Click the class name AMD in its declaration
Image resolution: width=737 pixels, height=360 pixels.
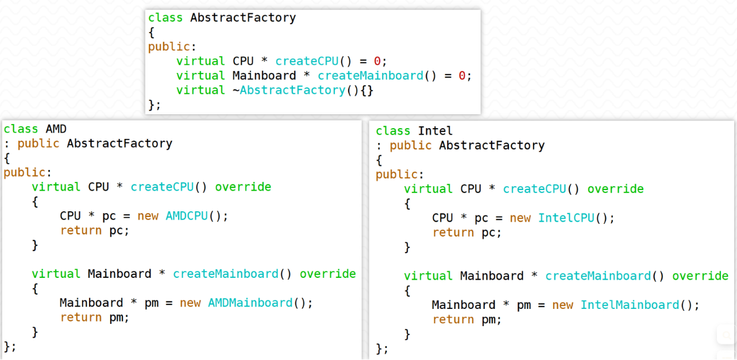click(x=56, y=129)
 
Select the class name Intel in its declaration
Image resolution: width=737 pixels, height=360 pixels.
click(x=435, y=130)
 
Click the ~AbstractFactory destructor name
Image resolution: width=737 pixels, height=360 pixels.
click(x=289, y=90)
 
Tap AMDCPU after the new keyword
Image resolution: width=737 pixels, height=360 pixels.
click(x=187, y=216)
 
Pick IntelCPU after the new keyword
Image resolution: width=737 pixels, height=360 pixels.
click(x=566, y=218)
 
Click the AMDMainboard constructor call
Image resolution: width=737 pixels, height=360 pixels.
click(x=250, y=303)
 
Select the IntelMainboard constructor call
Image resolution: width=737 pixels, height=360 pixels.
click(x=630, y=304)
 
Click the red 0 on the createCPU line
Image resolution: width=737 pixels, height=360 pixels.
click(x=377, y=61)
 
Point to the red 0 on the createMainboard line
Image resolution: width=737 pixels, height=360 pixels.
click(x=462, y=76)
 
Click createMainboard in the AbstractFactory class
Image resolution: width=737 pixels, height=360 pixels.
click(x=371, y=76)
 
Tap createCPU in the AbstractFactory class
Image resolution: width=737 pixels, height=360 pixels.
click(x=307, y=61)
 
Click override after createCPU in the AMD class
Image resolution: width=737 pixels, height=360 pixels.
click(x=243, y=187)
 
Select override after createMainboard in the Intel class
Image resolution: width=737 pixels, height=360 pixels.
click(x=700, y=276)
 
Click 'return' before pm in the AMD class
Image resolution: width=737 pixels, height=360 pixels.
click(x=81, y=318)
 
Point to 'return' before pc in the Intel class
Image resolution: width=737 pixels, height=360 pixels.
click(x=453, y=233)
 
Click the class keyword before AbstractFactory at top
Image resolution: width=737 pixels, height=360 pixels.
click(x=165, y=17)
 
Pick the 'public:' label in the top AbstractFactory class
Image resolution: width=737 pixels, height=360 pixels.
click(x=172, y=47)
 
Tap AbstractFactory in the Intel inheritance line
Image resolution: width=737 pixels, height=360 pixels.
click(x=492, y=145)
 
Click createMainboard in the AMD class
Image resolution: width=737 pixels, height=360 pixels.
click(x=226, y=273)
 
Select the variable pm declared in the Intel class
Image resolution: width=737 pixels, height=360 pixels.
click(x=524, y=305)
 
